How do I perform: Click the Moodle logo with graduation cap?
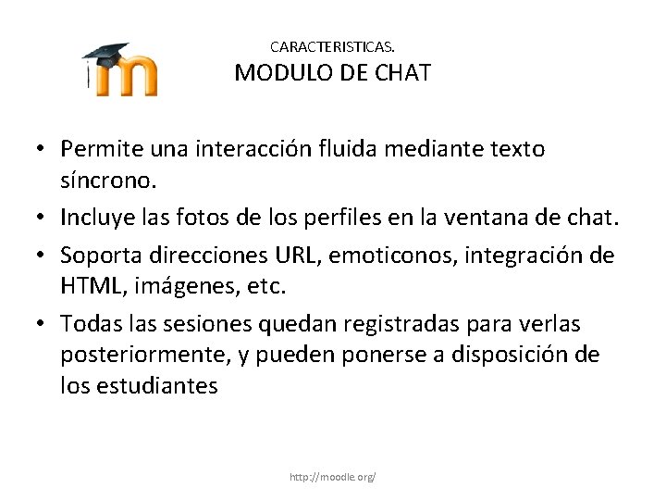(119, 69)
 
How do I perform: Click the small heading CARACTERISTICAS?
(333, 44)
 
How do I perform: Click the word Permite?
(97, 147)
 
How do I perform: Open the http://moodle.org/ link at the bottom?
(333, 477)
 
